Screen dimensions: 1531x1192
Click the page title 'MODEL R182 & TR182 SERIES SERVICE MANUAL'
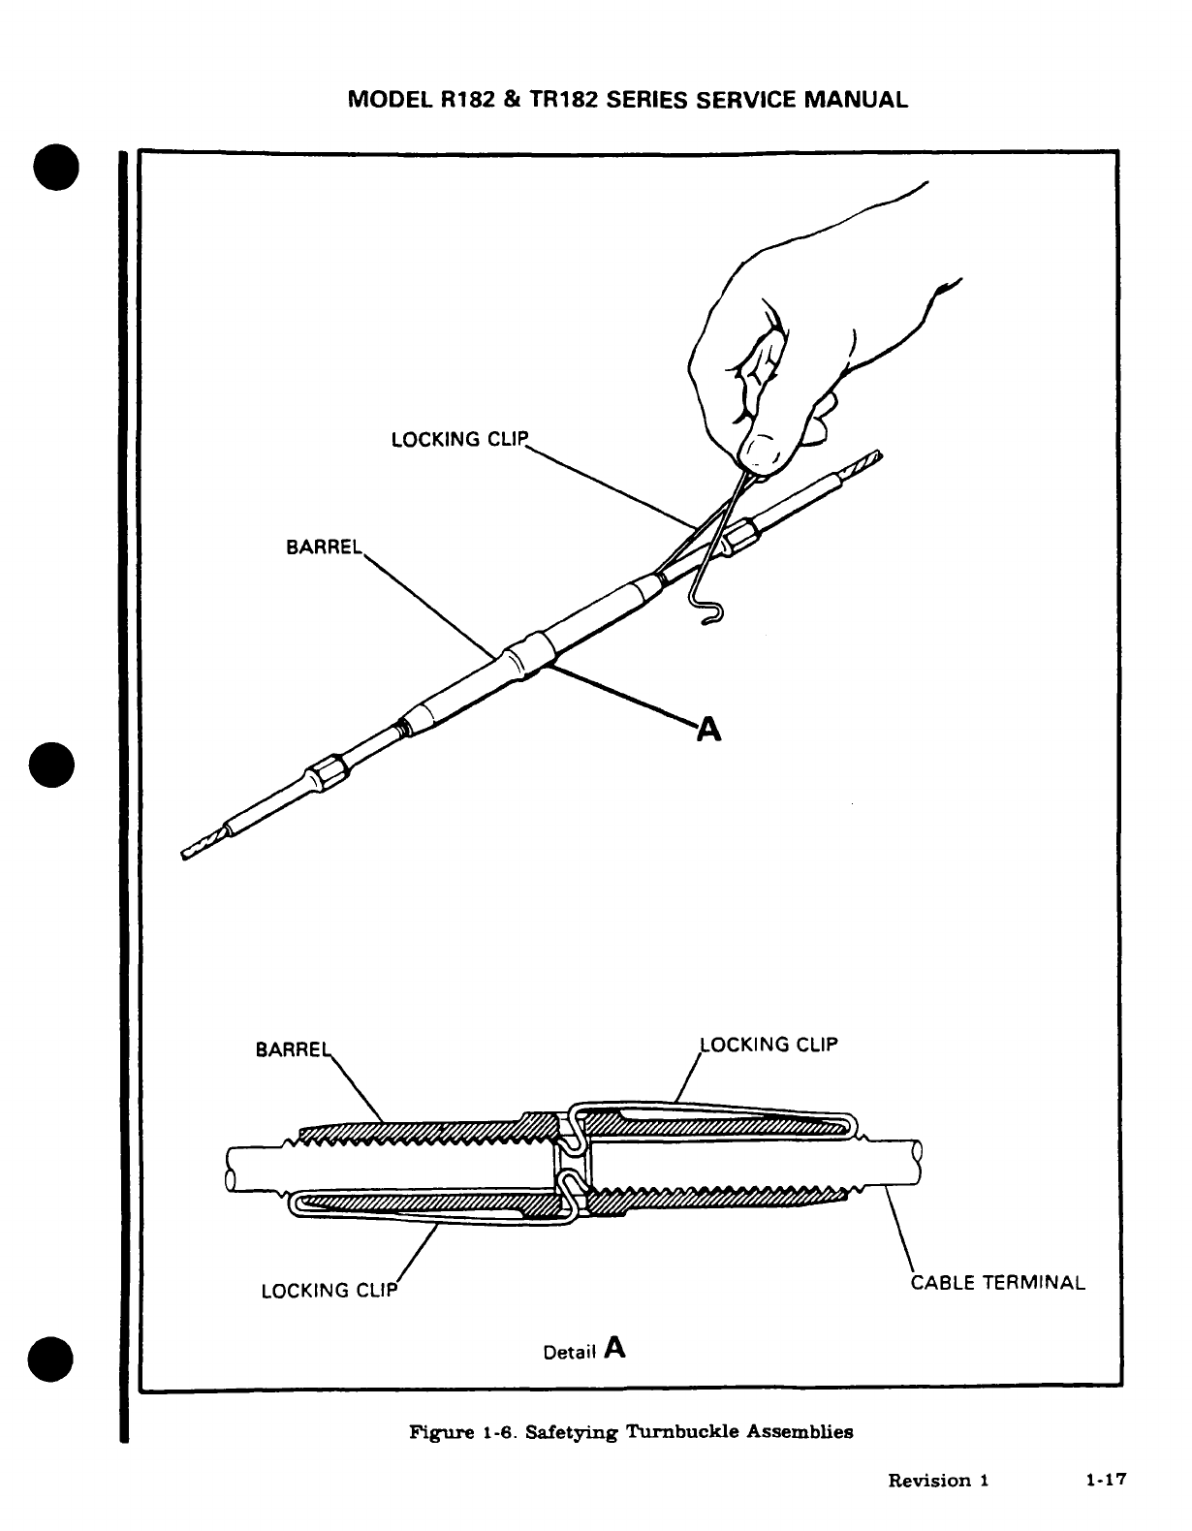point(628,100)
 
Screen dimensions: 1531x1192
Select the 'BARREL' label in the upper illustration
point(323,547)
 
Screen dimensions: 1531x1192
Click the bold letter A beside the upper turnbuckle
point(709,730)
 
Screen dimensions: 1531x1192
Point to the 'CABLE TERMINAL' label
point(998,1283)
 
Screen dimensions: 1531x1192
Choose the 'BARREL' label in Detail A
point(292,1049)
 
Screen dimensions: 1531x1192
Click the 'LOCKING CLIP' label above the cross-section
point(769,1045)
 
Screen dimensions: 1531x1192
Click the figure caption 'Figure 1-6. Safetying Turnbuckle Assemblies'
point(632,1431)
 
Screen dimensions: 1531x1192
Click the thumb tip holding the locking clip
point(764,452)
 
